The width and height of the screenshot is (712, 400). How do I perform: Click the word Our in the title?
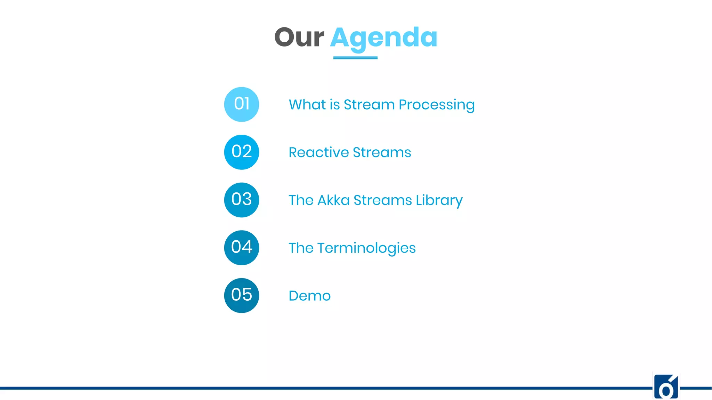pyautogui.click(x=299, y=37)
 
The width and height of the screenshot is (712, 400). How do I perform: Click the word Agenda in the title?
pyautogui.click(x=383, y=38)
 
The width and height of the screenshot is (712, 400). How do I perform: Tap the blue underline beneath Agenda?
pyautogui.click(x=355, y=58)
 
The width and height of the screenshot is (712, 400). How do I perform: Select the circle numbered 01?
pyautogui.click(x=242, y=104)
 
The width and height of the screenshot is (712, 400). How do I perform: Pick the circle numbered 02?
pyautogui.click(x=242, y=152)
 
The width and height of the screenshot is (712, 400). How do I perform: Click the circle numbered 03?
pyautogui.click(x=242, y=200)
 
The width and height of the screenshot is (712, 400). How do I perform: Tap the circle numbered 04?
pyautogui.click(x=242, y=248)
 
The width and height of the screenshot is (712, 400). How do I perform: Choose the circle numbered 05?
pyautogui.click(x=242, y=295)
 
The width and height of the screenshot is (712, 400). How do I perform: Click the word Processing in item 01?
pyautogui.click(x=436, y=105)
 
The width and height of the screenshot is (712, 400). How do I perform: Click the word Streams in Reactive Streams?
pyautogui.click(x=382, y=152)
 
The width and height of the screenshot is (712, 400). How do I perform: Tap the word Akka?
pyautogui.click(x=333, y=200)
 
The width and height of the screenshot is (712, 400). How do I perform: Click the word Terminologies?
pyautogui.click(x=366, y=248)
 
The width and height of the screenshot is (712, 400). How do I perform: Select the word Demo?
pyautogui.click(x=309, y=296)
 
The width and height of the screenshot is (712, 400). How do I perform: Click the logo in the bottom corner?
pyautogui.click(x=666, y=387)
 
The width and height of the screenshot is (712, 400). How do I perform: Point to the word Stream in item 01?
pyautogui.click(x=369, y=105)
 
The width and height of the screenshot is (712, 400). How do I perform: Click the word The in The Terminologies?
pyautogui.click(x=301, y=248)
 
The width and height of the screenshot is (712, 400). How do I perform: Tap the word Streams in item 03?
pyautogui.click(x=382, y=200)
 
